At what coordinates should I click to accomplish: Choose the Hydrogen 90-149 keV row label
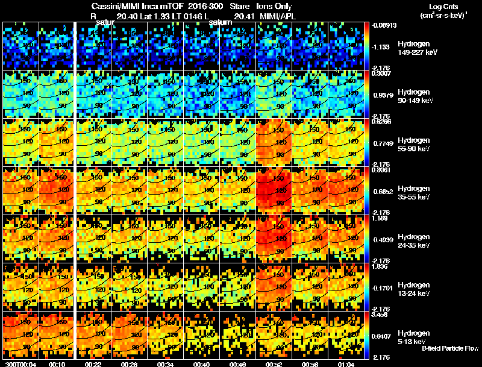(416, 96)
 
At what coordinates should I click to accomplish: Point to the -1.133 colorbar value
(383, 46)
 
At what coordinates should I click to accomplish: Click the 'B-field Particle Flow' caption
(450, 348)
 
